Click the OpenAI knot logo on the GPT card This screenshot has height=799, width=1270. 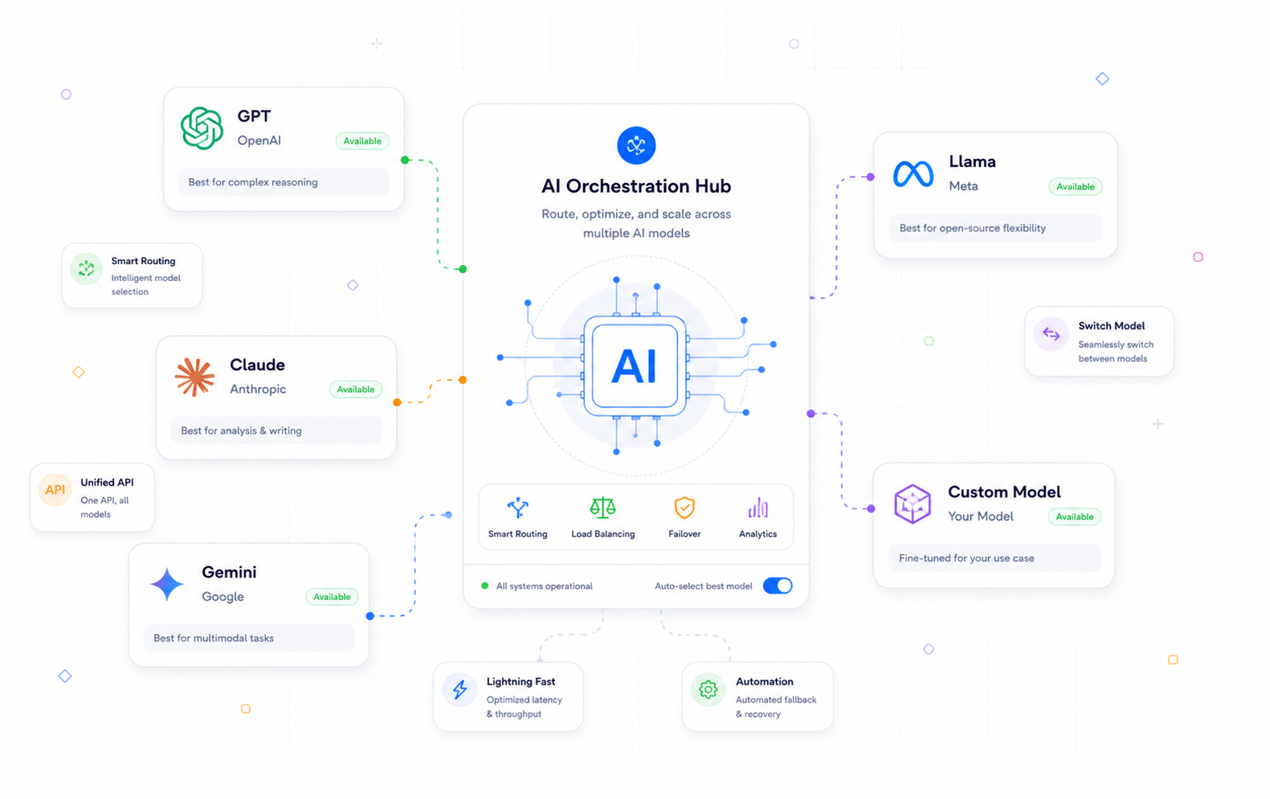202,128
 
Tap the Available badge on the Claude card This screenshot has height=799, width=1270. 356,389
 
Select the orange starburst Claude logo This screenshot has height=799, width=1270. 194,377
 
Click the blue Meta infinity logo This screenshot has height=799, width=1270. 913,174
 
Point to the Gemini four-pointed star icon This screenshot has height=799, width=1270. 167,584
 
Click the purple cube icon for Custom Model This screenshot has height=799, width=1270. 913,503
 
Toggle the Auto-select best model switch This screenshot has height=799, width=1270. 778,585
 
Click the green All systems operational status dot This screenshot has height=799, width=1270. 484,585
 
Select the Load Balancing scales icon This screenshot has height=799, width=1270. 602,508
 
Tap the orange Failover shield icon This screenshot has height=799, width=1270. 684,508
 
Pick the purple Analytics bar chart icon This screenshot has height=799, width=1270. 758,508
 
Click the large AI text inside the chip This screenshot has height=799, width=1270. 635,367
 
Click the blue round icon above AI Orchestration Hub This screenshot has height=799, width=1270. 636,145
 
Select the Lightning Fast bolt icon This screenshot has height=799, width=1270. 459,690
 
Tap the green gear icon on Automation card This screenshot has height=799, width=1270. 709,690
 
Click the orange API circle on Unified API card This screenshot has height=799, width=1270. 55,490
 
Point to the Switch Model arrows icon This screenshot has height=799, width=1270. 1052,334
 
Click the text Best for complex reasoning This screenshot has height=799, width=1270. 253,182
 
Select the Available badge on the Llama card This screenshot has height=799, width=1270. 1075,186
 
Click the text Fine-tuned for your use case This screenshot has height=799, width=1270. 966,558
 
